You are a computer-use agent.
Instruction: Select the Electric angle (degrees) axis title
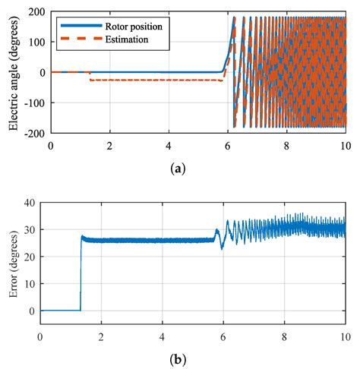point(14,71)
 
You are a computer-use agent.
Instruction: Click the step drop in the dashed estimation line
point(90,76)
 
